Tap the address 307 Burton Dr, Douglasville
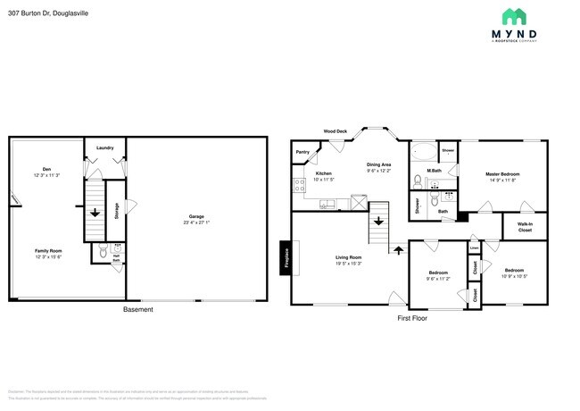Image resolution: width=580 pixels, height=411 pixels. click(41, 13)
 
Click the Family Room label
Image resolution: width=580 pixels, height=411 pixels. click(48, 253)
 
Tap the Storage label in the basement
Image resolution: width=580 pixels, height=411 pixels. click(116, 211)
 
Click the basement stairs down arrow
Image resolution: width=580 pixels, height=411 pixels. click(95, 214)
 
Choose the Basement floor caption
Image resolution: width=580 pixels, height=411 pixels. click(137, 309)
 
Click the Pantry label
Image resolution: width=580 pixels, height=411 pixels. click(302, 153)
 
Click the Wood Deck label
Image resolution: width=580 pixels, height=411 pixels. click(335, 131)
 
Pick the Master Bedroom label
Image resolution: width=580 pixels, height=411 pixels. click(502, 175)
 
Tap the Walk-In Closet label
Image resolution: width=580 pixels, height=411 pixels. click(525, 228)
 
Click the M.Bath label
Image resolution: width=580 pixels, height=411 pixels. click(435, 170)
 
